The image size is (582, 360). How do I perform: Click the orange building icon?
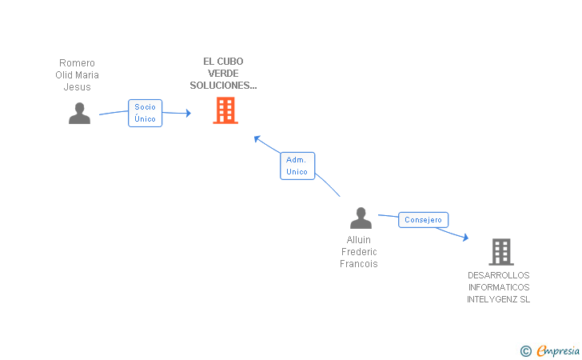point(225,110)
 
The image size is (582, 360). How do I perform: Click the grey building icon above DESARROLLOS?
point(501,252)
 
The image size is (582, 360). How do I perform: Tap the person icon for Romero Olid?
point(79,114)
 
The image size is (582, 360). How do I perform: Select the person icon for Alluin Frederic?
point(361,218)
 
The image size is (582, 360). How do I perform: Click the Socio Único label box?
point(145,113)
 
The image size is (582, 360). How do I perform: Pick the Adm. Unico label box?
point(297,166)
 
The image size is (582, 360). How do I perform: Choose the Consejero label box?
point(423,219)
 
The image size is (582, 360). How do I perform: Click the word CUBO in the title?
point(230,62)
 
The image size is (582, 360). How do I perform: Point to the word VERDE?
point(223,73)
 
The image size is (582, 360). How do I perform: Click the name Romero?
point(78,62)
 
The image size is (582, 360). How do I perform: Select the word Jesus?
point(78,87)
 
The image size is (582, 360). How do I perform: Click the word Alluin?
point(358,240)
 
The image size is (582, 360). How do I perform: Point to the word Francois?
point(358,264)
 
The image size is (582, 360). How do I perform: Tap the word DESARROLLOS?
point(499,275)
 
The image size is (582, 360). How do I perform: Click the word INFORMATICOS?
point(499,287)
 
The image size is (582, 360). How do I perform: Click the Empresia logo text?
point(558,350)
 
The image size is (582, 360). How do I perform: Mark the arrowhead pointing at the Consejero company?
point(466,237)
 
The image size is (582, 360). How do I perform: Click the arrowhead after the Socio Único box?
point(188,113)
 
